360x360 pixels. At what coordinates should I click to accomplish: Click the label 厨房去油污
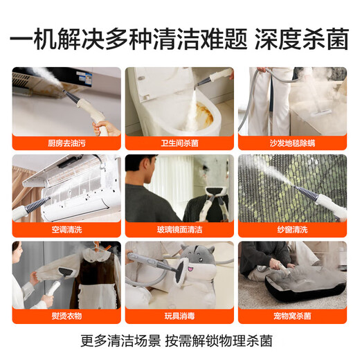pyautogui.click(x=66, y=143)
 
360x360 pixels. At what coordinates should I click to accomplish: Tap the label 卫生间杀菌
pyautogui.click(x=179, y=143)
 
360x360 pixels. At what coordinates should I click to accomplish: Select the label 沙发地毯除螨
pyautogui.click(x=292, y=143)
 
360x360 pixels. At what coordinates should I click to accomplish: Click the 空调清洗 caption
pyautogui.click(x=66, y=229)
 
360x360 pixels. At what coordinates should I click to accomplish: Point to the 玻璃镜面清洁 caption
pyautogui.click(x=179, y=229)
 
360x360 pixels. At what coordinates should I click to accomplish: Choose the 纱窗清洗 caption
pyautogui.click(x=292, y=229)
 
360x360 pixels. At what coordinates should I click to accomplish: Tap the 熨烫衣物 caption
pyautogui.click(x=66, y=316)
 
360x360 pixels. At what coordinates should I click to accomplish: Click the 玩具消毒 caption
pyautogui.click(x=179, y=316)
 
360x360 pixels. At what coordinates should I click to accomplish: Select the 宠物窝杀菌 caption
pyautogui.click(x=292, y=316)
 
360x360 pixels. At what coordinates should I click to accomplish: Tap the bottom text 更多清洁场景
pyautogui.click(x=129, y=341)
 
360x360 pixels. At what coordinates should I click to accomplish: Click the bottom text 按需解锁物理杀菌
pyautogui.click(x=227, y=341)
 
